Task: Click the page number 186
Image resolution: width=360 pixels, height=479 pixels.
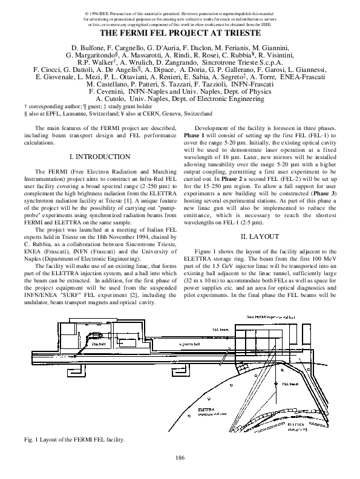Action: click(x=180, y=457)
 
